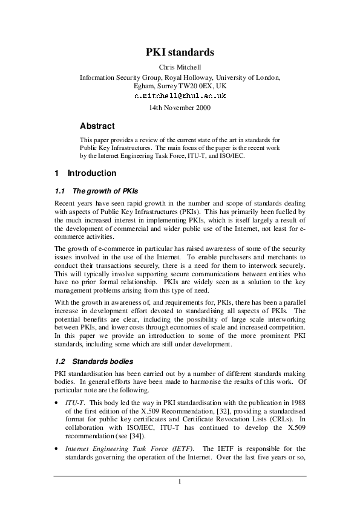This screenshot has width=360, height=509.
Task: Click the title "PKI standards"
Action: point(180,53)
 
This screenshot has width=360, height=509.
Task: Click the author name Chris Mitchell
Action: point(180,67)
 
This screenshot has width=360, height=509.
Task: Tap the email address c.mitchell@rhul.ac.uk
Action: point(180,96)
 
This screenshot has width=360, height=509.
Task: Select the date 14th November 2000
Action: point(180,108)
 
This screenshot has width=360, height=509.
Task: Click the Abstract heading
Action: point(97,126)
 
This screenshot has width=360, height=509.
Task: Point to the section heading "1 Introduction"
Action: point(85,173)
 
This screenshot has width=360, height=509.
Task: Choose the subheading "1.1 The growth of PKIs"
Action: point(97,191)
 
